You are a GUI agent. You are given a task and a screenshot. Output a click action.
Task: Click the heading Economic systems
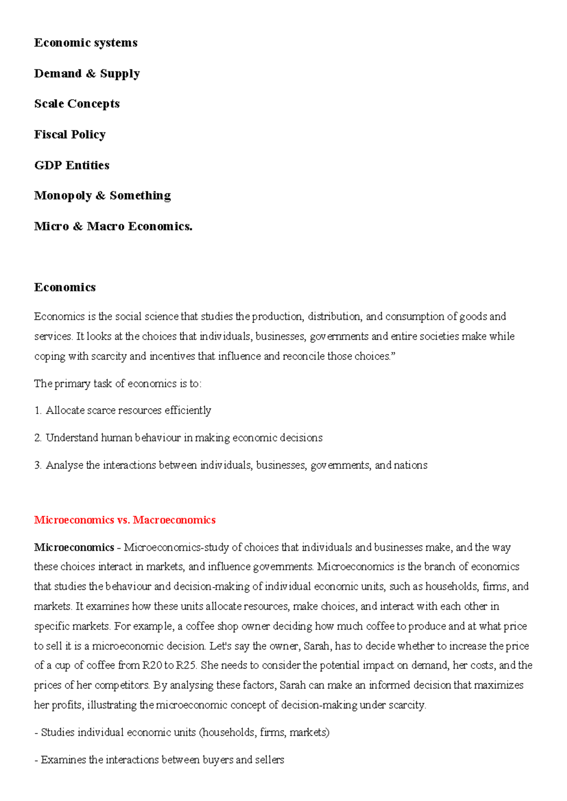coord(86,43)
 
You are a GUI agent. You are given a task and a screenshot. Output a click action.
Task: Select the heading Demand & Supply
coord(87,74)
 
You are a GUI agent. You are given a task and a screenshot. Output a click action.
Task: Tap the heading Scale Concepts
coord(77,104)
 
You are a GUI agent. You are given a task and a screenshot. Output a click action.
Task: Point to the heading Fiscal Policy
coord(70,135)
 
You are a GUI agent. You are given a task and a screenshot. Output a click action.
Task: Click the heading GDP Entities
coord(72,165)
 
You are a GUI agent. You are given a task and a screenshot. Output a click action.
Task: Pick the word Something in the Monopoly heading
coord(140,196)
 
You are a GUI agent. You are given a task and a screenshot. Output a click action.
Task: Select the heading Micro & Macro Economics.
coord(113,227)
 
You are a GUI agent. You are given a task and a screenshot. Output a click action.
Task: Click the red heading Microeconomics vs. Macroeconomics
coord(125,520)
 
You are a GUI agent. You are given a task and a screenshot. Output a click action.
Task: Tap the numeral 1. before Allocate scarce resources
coord(38,410)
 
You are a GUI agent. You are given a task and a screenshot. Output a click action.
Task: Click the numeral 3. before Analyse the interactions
coord(38,465)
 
